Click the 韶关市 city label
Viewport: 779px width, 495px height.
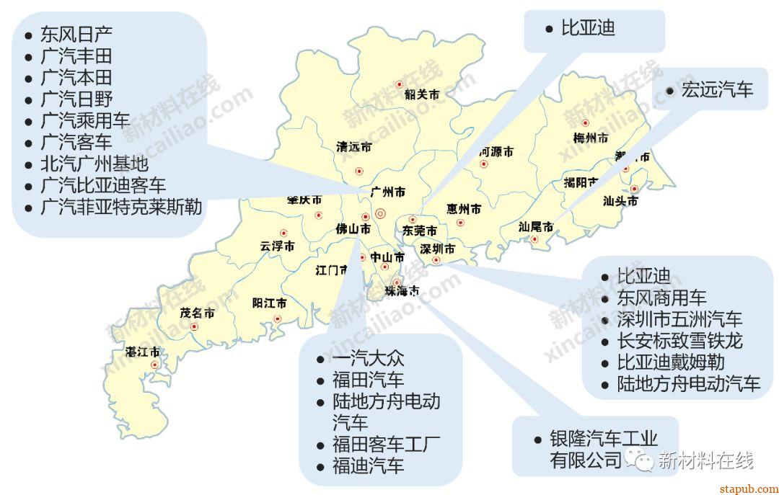[x=422, y=94]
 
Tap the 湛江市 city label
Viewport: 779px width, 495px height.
[x=143, y=352]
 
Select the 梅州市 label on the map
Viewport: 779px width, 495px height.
[x=590, y=138]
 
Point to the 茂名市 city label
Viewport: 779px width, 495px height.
[x=197, y=313]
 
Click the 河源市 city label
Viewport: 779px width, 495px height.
[x=496, y=152]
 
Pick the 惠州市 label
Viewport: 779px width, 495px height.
[x=463, y=209]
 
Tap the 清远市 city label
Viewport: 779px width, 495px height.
[x=353, y=147]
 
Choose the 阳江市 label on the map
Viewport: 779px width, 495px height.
[x=269, y=303]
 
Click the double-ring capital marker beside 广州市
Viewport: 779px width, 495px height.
[x=381, y=213]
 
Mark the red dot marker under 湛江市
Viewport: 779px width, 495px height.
[x=154, y=365]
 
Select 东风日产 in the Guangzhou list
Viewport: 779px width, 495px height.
[x=76, y=34]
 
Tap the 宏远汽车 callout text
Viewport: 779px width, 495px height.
[x=717, y=89]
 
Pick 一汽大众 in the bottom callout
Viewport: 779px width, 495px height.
[x=368, y=358]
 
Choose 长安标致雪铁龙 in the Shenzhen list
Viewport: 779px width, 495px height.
[x=679, y=340]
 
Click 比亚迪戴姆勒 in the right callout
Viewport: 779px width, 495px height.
[x=671, y=362]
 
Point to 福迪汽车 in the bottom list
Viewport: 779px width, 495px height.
[x=368, y=465]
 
